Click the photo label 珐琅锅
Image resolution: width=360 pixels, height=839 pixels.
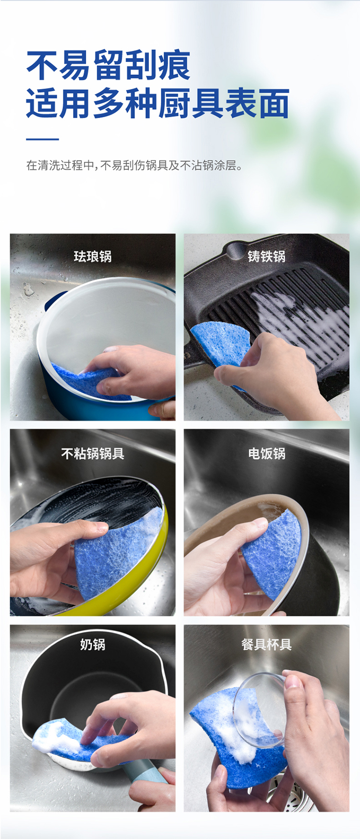[x=93, y=256]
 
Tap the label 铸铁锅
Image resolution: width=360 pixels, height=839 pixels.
[x=266, y=256]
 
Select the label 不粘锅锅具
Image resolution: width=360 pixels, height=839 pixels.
[x=93, y=453]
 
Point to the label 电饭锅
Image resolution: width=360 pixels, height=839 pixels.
[x=266, y=453]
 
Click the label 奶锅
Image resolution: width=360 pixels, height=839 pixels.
[x=93, y=644]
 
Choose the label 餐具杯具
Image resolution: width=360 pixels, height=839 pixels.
[x=266, y=644]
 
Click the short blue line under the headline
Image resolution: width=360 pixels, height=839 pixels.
[x=42, y=139]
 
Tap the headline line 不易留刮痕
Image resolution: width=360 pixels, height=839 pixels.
[x=108, y=66]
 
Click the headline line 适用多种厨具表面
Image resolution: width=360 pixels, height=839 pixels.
[x=157, y=103]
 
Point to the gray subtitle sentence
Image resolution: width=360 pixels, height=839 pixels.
[x=135, y=166]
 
